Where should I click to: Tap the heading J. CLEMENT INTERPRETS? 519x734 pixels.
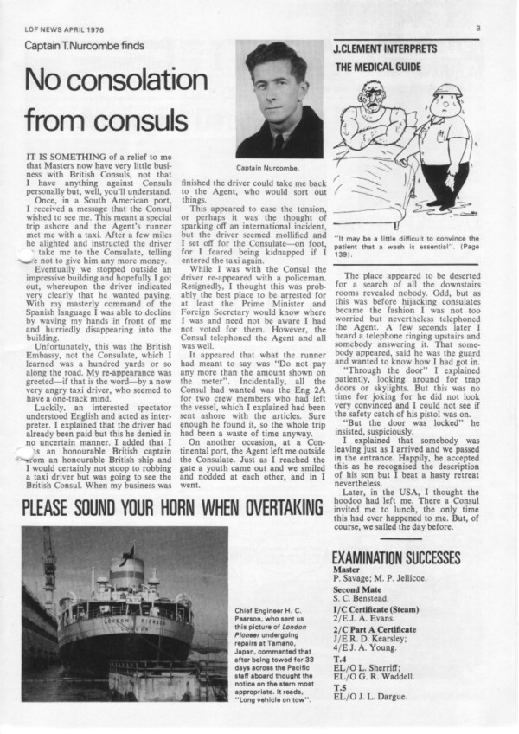click(x=385, y=49)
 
